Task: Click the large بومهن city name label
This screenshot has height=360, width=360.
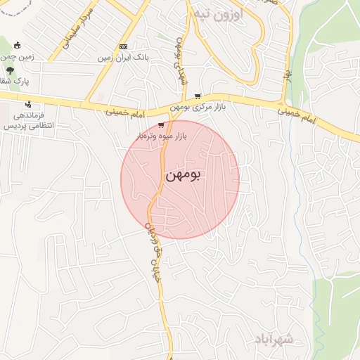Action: pyautogui.click(x=184, y=176)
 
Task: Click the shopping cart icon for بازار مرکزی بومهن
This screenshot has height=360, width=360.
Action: pyautogui.click(x=198, y=96)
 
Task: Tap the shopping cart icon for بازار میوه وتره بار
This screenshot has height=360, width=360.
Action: pyautogui.click(x=161, y=124)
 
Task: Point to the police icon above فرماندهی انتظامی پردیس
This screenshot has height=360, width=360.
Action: pyautogui.click(x=27, y=105)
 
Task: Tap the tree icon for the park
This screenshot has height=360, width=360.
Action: pyautogui.click(x=9, y=71)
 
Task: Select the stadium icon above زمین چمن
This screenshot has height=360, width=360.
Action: pyautogui.click(x=27, y=46)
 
